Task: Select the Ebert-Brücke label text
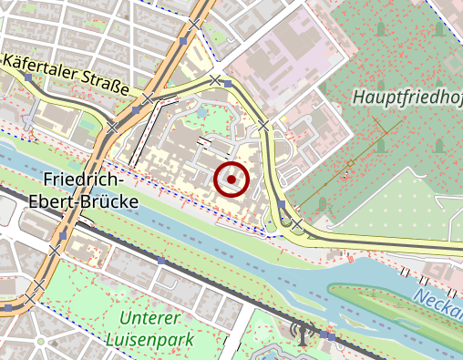pyautogui.click(x=84, y=201)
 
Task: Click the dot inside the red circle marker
pyautogui.click(x=232, y=180)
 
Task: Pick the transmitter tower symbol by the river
pyautogui.click(x=300, y=331)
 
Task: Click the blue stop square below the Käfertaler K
pyautogui.click(x=29, y=79)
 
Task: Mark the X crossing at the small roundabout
pyautogui.click(x=297, y=223)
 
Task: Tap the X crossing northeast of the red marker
pyautogui.click(x=263, y=124)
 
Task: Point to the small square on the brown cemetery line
pyautogui.click(x=349, y=165)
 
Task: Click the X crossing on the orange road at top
pyautogui.click(x=194, y=24)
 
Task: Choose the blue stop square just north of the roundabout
pyautogui.click(x=283, y=204)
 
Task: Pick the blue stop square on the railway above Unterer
pyautogui.click(x=160, y=261)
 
